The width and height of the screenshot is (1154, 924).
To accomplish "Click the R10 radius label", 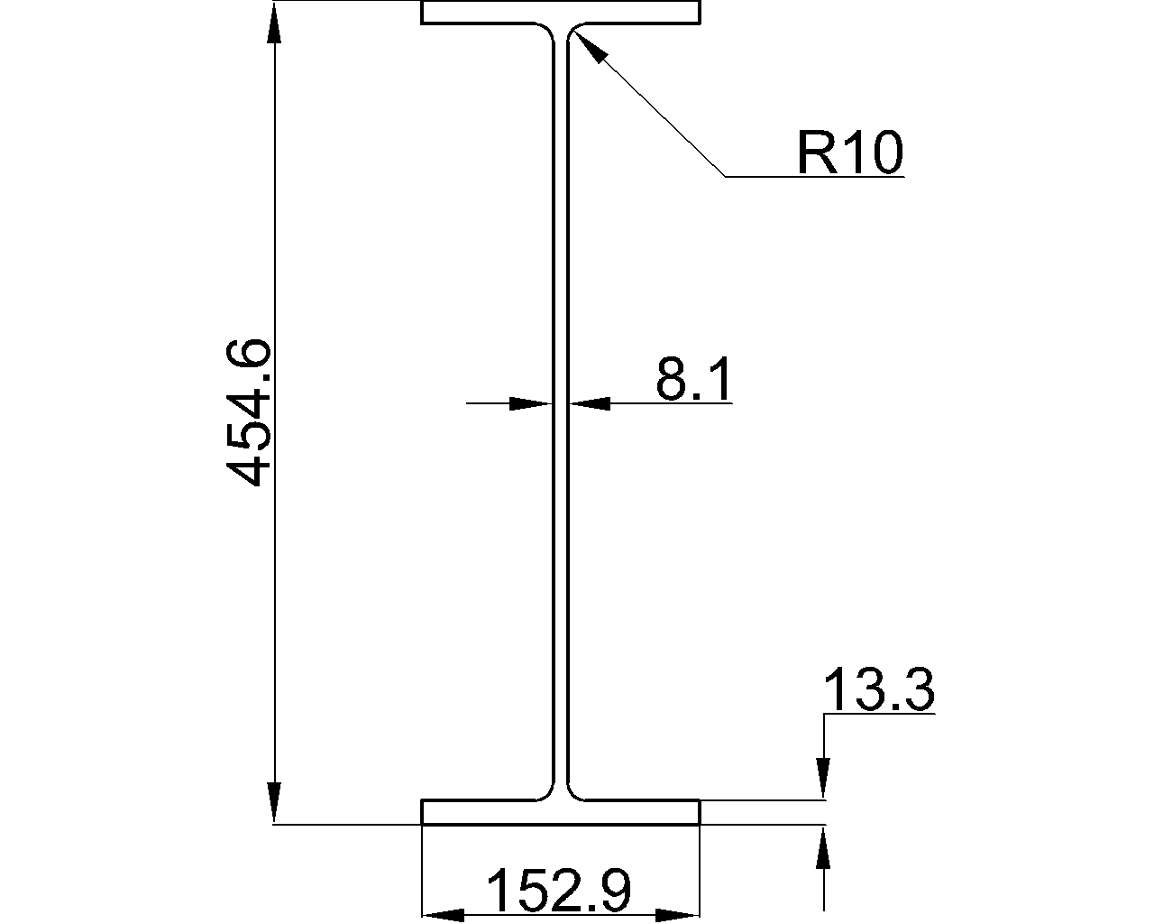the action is tap(850, 152).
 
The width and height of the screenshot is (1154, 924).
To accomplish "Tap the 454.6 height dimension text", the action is tap(248, 412).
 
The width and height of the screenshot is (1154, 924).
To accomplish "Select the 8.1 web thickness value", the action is tap(693, 378).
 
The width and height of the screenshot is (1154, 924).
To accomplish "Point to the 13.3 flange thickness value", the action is tap(879, 690).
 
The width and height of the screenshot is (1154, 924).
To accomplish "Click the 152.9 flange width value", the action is tap(560, 891).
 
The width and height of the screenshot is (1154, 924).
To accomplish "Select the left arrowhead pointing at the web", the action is tap(531, 403).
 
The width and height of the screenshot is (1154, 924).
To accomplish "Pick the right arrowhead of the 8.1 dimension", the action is tap(590, 403).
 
